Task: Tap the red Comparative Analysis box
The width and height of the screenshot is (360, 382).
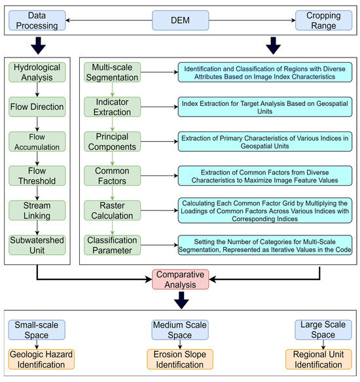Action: pyautogui.click(x=179, y=280)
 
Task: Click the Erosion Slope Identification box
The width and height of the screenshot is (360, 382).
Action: pyautogui.click(x=179, y=359)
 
